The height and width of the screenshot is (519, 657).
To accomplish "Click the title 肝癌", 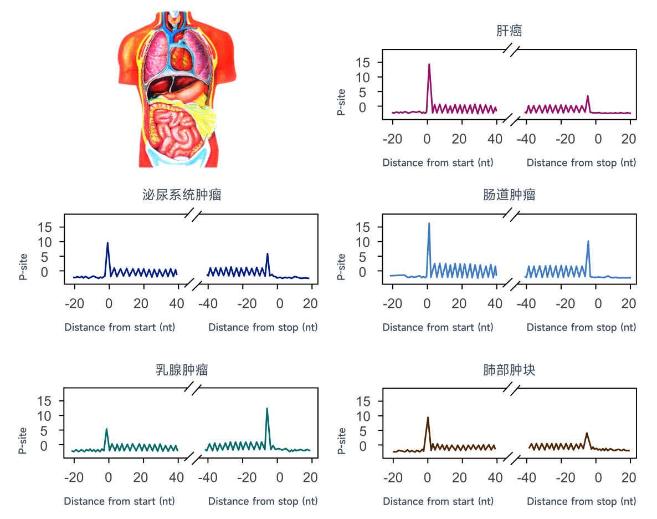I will point(509,31).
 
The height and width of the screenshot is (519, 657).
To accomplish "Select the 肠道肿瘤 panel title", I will point(509,195).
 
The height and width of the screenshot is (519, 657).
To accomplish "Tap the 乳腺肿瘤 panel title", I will point(182,370).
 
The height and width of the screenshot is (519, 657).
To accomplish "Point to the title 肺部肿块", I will point(509,370).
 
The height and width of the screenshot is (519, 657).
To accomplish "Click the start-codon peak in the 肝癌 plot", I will point(429,64).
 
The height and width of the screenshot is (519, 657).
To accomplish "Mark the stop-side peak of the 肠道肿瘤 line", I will point(588,241).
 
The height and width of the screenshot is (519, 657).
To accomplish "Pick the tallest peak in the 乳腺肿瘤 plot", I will point(267,409).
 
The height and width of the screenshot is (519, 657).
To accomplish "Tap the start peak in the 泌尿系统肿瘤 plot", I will point(107,243).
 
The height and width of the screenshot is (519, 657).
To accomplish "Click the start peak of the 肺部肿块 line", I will point(428,418).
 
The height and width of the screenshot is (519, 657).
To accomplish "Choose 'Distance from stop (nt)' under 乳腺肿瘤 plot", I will point(263,501).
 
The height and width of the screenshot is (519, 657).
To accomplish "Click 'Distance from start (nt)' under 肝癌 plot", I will point(438,162).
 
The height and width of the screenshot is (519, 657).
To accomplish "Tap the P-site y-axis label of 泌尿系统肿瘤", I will point(23,267).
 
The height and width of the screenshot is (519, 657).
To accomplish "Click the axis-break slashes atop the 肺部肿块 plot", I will point(511,388).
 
